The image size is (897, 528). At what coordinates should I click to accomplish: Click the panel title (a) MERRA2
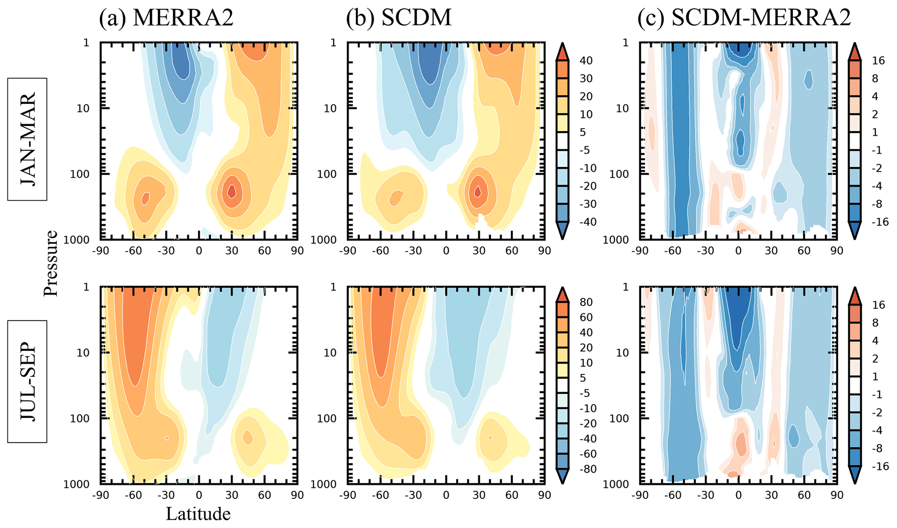166,18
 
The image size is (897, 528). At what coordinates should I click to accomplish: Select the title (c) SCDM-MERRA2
744,18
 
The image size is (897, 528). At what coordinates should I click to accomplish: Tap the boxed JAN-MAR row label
27,139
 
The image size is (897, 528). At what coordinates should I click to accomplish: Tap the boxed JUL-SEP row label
27,381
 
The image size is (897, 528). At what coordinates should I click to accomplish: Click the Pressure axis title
51,263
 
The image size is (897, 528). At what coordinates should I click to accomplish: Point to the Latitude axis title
198,514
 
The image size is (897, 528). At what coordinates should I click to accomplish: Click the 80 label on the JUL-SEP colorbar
586,302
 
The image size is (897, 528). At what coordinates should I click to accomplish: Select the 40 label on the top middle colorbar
586,60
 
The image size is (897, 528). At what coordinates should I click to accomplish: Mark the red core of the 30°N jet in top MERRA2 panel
232,191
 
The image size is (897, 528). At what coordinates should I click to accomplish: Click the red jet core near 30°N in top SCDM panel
478,191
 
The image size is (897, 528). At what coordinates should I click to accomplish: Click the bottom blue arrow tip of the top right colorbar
854,237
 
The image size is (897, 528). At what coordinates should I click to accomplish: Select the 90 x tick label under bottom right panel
837,495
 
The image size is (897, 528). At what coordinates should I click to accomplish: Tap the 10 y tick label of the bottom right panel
622,353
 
